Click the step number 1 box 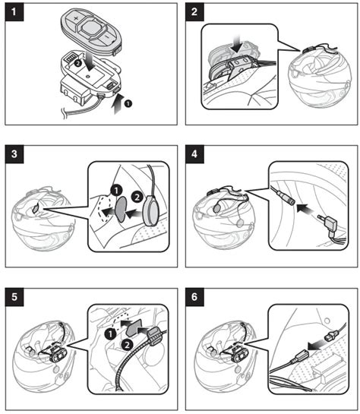[14, 12]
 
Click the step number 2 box [194, 12]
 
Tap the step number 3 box [14, 154]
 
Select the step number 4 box [194, 154]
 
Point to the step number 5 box [14, 297]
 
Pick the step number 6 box [194, 297]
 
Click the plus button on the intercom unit [75, 19]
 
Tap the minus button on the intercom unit [107, 37]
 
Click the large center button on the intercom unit [90, 28]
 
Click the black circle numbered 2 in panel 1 [77, 63]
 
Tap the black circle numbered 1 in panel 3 [116, 190]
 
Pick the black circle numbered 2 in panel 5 [127, 345]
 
